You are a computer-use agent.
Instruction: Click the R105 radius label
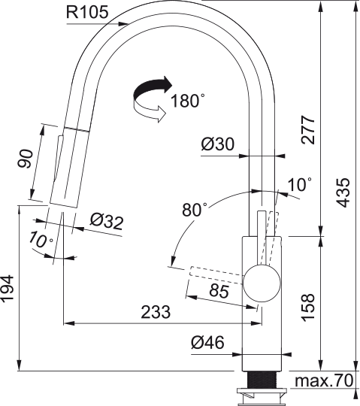(88, 13)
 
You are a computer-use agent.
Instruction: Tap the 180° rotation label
(187, 101)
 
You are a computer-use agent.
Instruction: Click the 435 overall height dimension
(343, 193)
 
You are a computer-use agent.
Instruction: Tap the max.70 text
(324, 381)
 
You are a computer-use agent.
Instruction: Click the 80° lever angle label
(194, 211)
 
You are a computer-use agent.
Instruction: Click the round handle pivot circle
(262, 285)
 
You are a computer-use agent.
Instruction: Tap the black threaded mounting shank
(262, 378)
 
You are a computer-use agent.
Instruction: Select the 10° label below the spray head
(42, 241)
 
